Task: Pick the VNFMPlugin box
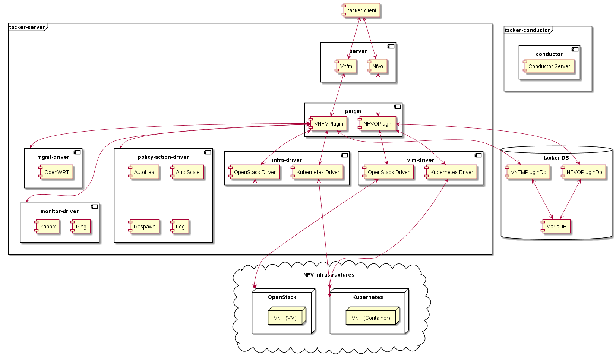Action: tap(328, 124)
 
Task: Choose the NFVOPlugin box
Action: tap(378, 124)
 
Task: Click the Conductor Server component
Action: tap(549, 66)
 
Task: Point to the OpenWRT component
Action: tap(56, 172)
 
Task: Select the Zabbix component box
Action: tap(47, 227)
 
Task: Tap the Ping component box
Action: tap(81, 227)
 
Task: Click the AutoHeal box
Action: tap(144, 172)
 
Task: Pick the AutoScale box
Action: tap(187, 172)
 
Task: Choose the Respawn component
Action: tap(144, 227)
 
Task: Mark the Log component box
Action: tap(180, 227)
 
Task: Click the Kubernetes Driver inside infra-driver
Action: tap(318, 172)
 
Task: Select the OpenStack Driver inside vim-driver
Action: tap(388, 172)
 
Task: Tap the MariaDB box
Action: tap(556, 227)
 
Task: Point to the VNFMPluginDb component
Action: tap(528, 172)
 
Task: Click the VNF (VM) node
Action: tap(285, 318)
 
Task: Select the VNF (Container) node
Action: tap(371, 318)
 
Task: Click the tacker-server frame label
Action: tap(27, 27)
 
